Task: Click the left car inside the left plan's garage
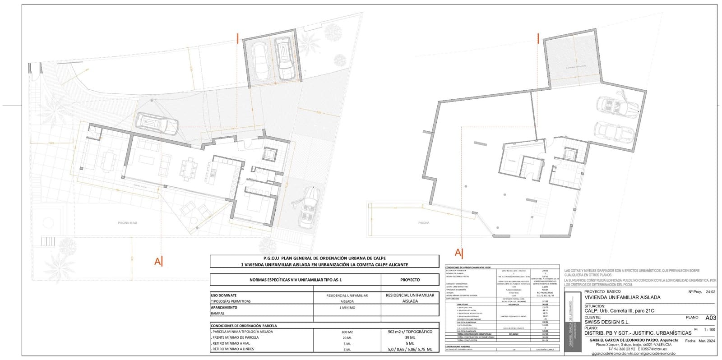tap(261, 61)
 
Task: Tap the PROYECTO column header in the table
tap(410, 280)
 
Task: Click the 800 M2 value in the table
tap(347, 332)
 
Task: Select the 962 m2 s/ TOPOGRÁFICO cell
tap(410, 332)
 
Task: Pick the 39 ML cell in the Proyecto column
tap(410, 337)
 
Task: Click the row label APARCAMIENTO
tap(225, 307)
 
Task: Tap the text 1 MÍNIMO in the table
tap(347, 307)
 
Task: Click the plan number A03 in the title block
tap(710, 318)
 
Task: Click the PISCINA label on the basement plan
tap(423, 223)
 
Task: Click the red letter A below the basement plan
tap(458, 252)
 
